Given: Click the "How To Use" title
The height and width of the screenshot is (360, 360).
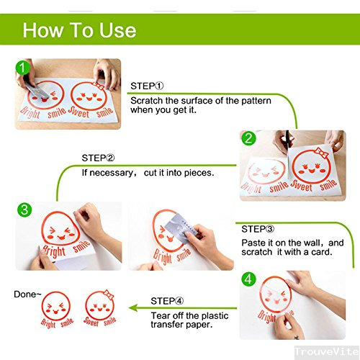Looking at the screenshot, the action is coord(79,30).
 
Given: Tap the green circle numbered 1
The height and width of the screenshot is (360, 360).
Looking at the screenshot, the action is coord(22,68).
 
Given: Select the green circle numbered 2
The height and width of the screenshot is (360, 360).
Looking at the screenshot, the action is coord(248,138).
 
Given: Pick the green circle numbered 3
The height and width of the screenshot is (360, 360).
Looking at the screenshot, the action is coord(24,210).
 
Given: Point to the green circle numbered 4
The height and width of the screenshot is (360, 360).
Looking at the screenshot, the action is coord(248,279).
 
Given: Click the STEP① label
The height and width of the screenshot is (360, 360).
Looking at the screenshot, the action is coord(147,86).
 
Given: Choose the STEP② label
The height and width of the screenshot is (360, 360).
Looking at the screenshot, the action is coord(98,158).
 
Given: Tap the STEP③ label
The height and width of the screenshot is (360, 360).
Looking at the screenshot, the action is coord(258,229).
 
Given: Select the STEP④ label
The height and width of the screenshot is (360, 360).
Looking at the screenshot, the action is coord(167,301).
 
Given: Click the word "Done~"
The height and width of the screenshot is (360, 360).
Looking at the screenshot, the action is coord(27,294).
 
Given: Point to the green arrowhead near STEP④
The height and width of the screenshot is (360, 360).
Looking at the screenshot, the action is coord(133,308).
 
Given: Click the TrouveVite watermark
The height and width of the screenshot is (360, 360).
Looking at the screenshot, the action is coord(327,351).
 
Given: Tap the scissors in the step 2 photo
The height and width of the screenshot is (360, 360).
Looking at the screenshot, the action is coord(287,142).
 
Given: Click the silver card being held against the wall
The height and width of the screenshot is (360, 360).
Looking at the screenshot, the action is coord(181,228).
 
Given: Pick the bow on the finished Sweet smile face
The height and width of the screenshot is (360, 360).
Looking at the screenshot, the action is coord(108,294).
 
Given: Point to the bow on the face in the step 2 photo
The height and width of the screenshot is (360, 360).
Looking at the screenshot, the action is coord(321,153).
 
